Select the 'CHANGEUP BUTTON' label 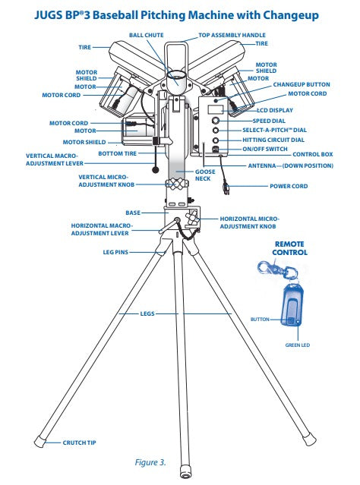(x=302, y=84)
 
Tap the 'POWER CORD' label (x=289, y=186)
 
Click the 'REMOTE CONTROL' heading (x=290, y=249)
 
